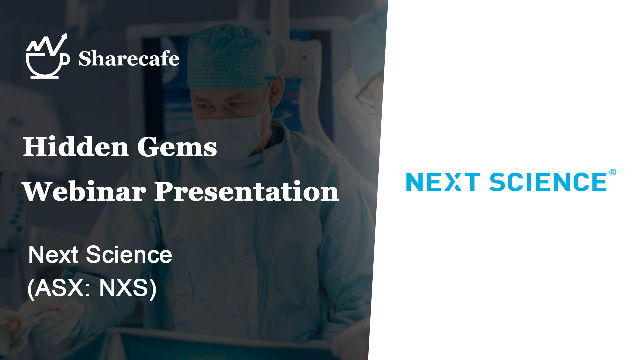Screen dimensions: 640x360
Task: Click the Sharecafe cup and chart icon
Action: (47, 56)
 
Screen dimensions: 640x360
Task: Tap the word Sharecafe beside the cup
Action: (129, 59)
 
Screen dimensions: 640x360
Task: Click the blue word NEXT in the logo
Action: (443, 182)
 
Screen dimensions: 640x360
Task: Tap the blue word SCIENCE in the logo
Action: (548, 182)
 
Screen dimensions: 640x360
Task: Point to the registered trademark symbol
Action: (612, 172)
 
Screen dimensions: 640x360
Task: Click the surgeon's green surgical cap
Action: (230, 57)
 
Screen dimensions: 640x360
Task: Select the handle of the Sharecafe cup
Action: (66, 59)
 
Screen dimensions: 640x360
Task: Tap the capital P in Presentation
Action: (165, 191)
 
